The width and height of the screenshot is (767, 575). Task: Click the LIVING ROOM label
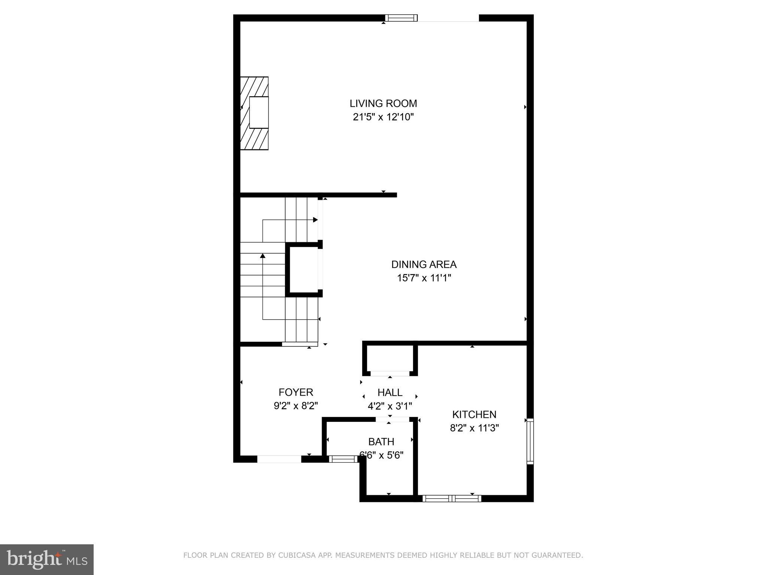pyautogui.click(x=383, y=103)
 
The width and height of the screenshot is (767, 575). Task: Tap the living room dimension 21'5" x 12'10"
pyautogui.click(x=383, y=117)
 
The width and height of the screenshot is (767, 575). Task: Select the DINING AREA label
pyautogui.click(x=424, y=264)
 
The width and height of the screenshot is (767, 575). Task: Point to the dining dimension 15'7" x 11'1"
pyautogui.click(x=424, y=278)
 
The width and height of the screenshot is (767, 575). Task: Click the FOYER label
pyautogui.click(x=295, y=392)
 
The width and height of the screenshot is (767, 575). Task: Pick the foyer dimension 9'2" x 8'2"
pyautogui.click(x=295, y=406)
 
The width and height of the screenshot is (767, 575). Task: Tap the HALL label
pyautogui.click(x=390, y=392)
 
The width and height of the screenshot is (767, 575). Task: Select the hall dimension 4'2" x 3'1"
pyautogui.click(x=390, y=406)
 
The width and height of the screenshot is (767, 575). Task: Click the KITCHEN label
pyautogui.click(x=474, y=414)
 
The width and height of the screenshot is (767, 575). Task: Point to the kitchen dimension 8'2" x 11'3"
pyautogui.click(x=474, y=428)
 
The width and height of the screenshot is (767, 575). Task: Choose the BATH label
pyautogui.click(x=381, y=442)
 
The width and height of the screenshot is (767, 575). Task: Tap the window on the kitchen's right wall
pyautogui.click(x=530, y=441)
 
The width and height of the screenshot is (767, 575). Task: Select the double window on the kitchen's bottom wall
pyautogui.click(x=452, y=498)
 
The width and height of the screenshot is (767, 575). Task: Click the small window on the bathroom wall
pyautogui.click(x=344, y=459)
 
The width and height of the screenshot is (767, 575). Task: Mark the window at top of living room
pyautogui.click(x=401, y=18)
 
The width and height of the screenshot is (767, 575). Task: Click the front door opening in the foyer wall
pyautogui.click(x=279, y=459)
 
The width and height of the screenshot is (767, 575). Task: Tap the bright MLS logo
pyautogui.click(x=46, y=559)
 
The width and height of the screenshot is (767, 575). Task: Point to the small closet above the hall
pyautogui.click(x=390, y=358)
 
